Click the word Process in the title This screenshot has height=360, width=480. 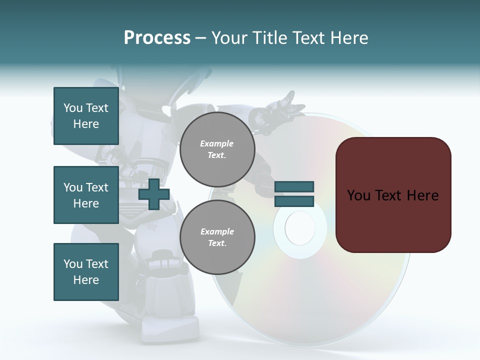pos(157,38)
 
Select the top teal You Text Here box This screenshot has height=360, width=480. pos(86,116)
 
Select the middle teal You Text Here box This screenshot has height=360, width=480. pos(86,195)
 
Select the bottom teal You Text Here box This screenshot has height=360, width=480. pos(86,271)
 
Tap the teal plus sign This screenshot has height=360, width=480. pos(154,194)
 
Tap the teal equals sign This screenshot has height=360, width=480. pos(294,194)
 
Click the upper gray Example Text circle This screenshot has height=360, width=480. pos(217,149)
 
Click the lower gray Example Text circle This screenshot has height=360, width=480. pos(217,237)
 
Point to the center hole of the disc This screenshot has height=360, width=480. pos(300,228)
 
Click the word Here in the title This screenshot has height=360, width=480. pos(350,38)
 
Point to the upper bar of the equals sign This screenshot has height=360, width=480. pos(294,187)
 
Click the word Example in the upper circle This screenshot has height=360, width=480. pos(217,143)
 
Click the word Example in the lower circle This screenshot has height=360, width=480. pos(217,231)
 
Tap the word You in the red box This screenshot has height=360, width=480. pos(358,195)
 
